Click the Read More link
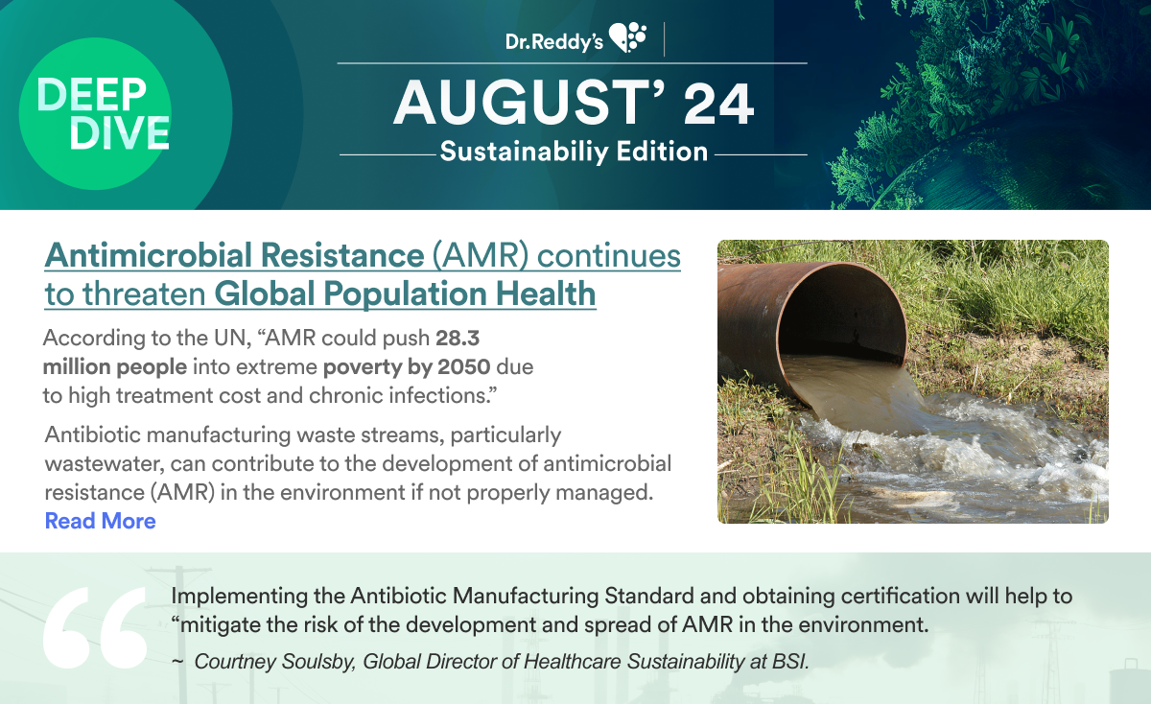point(100,521)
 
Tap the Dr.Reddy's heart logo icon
point(627,37)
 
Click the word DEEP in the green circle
point(92,95)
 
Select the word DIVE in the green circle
point(119,132)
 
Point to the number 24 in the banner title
point(718,105)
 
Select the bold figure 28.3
point(458,339)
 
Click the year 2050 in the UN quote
point(463,367)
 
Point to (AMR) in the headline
point(480,255)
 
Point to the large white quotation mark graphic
point(95,627)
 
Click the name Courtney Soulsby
point(275,662)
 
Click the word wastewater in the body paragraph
point(105,464)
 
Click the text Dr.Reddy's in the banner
point(554,42)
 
